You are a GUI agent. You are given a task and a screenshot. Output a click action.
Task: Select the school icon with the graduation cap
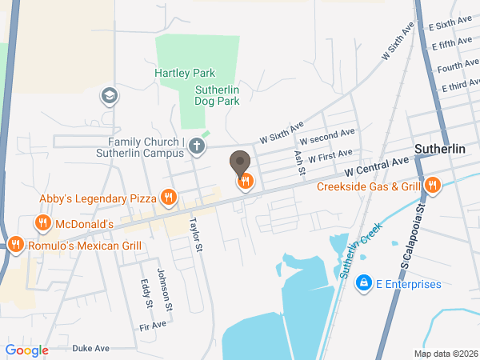pyautogui.click(x=108, y=97)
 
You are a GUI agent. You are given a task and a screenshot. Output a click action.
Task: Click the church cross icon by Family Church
pyautogui.click(x=198, y=146)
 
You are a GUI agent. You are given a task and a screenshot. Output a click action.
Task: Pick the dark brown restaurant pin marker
pyautogui.click(x=240, y=165)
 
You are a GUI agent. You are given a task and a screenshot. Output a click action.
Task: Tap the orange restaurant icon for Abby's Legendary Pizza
pyautogui.click(x=168, y=197)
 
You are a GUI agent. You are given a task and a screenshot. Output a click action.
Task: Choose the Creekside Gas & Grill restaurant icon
pyautogui.click(x=433, y=186)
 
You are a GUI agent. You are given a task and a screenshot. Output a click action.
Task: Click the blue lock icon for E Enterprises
pyautogui.click(x=363, y=283)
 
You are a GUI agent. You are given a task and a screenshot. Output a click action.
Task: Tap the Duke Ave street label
pyautogui.click(x=90, y=349)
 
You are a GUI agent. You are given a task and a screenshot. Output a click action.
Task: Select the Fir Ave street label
pyautogui.click(x=152, y=326)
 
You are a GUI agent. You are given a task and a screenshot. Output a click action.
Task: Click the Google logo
pyautogui.click(x=27, y=350)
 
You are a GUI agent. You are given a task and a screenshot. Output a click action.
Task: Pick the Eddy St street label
pyautogui.click(x=147, y=294)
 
